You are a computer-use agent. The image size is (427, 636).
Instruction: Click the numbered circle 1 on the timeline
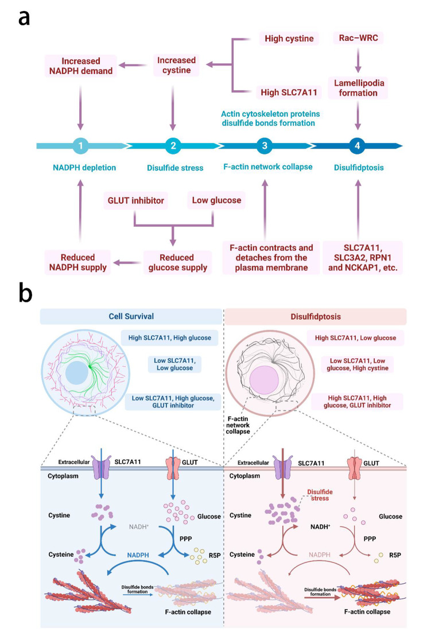pos(81,146)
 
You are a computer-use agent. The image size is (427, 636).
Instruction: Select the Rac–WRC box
pos(358,38)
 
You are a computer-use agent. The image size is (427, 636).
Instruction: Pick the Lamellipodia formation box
pos(358,88)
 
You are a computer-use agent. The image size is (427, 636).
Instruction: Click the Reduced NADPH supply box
pos(71,262)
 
